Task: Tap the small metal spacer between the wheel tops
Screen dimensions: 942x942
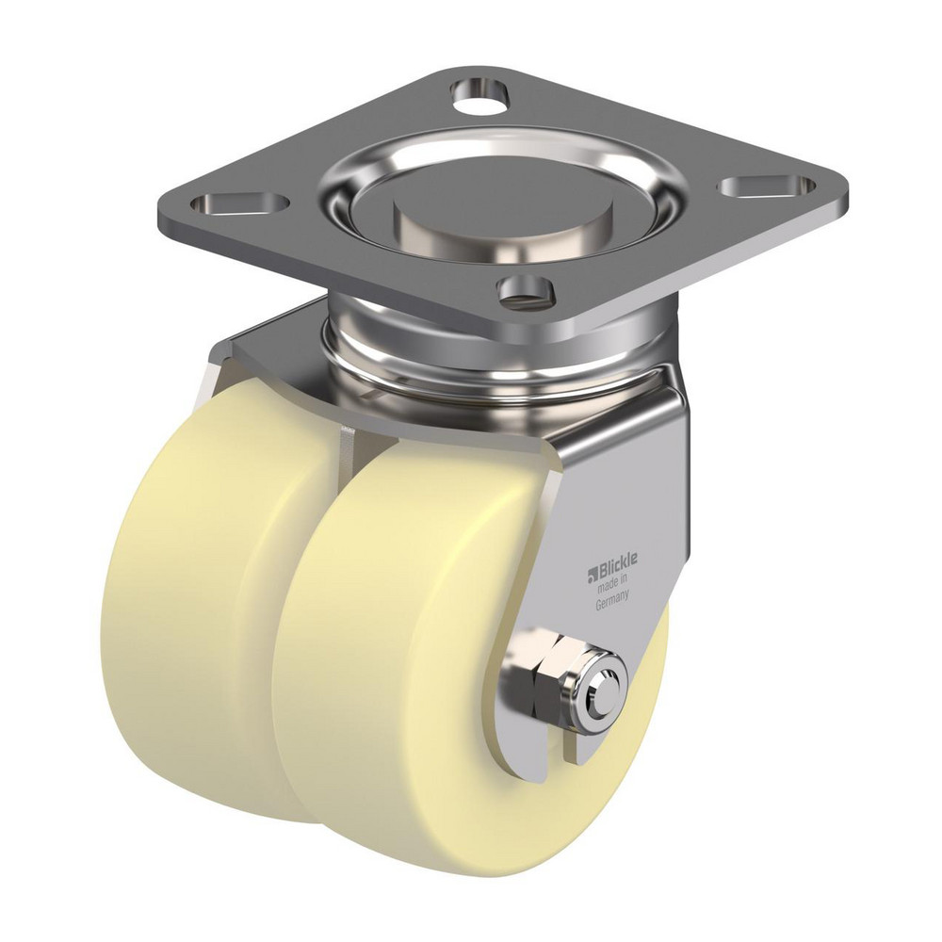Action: tap(348, 436)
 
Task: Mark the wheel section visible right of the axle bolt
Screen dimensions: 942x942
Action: tap(648, 697)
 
